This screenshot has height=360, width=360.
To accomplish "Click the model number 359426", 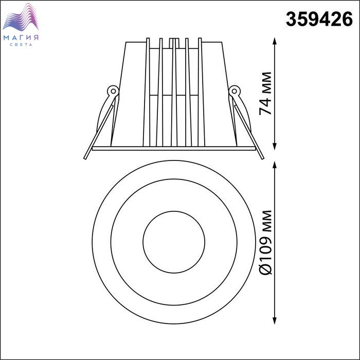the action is coord(319,20).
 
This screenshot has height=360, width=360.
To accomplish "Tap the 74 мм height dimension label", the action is coord(265,94).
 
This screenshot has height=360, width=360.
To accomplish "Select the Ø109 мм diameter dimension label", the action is coord(265,242).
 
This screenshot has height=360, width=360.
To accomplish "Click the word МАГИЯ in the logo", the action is coord(21,38).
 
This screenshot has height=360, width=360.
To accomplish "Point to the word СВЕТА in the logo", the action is coord(21,45).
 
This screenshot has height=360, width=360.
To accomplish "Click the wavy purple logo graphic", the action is coord(21,17).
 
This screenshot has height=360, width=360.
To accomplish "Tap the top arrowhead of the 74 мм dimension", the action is coord(274,41).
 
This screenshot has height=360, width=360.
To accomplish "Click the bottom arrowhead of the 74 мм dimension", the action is coord(274,147).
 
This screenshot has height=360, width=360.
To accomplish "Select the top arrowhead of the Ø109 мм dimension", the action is coord(274,165).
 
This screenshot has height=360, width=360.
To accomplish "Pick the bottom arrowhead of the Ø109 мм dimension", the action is coord(274,320).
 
